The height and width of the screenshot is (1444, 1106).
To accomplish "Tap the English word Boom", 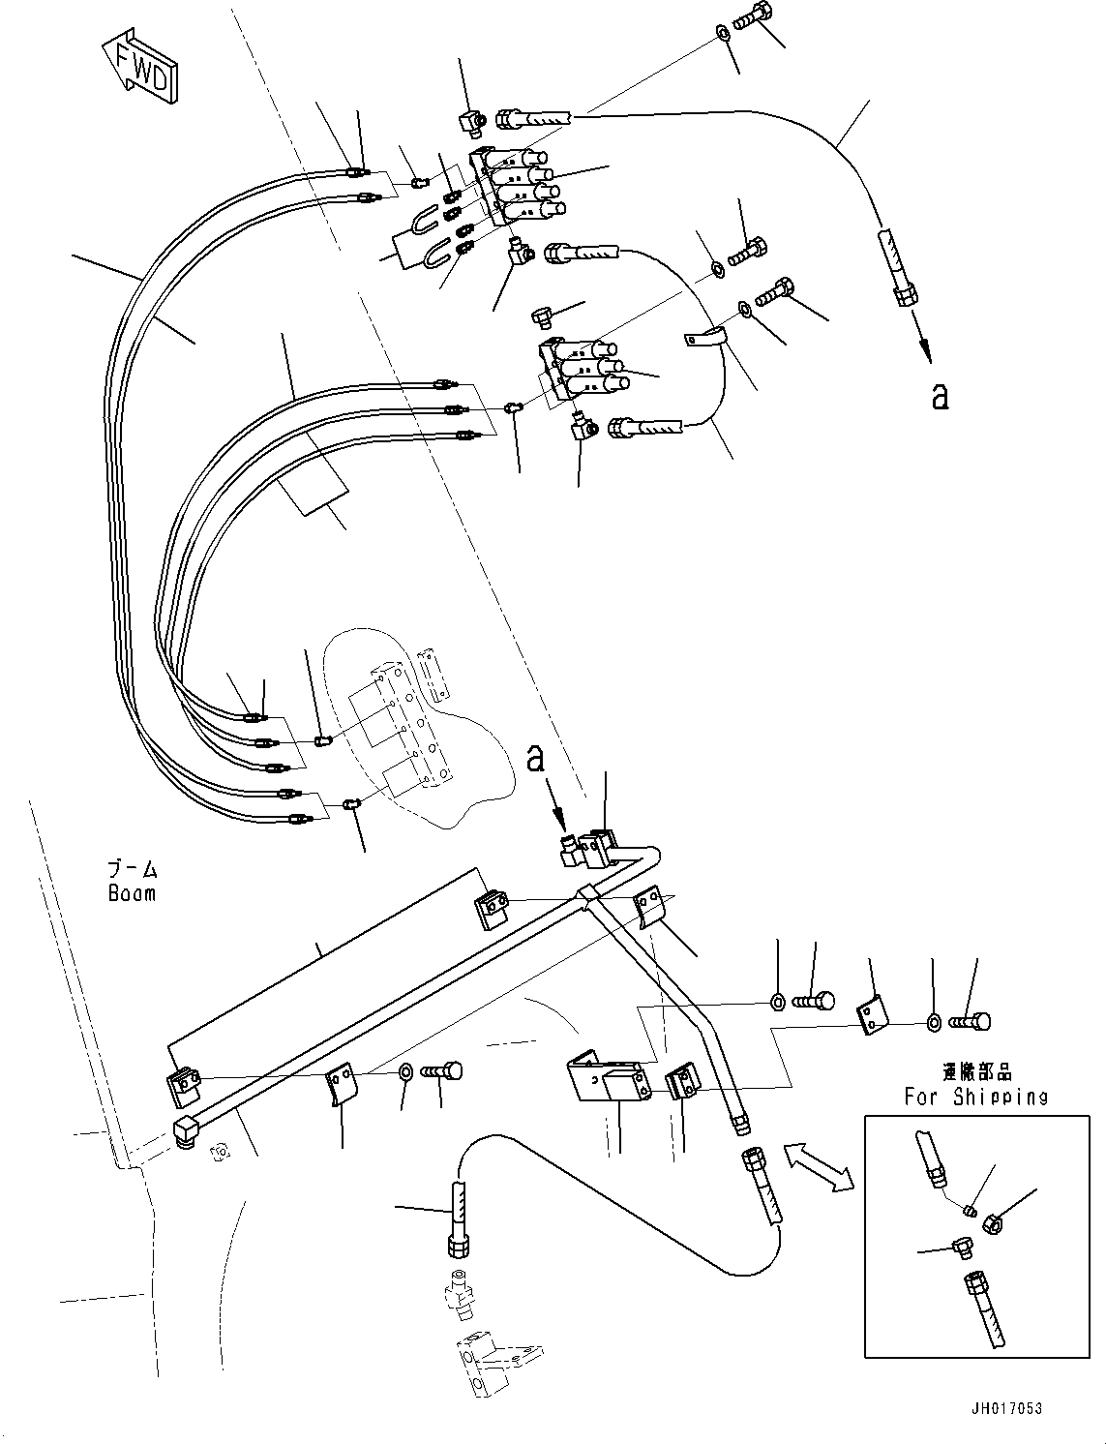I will (x=132, y=893).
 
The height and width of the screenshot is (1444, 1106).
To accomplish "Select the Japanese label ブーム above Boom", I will (x=132, y=868).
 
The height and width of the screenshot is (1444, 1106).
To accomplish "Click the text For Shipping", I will (x=975, y=1097).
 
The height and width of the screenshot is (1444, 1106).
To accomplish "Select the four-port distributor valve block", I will (x=518, y=187).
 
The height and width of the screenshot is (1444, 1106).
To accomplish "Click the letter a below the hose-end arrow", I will (x=939, y=396).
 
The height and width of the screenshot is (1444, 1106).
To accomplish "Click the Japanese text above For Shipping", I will (x=975, y=1072).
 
